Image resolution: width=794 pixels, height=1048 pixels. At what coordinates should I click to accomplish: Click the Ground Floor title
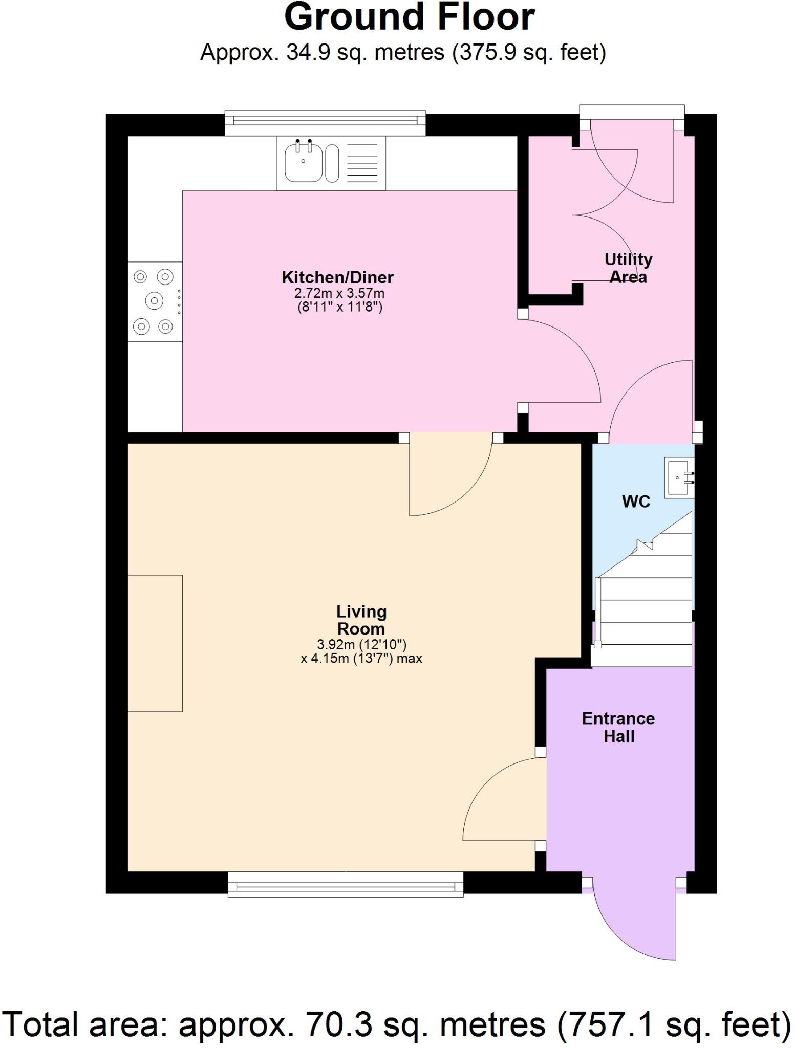pos(410,18)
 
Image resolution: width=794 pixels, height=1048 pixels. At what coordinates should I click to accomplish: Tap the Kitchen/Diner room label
pos(337,278)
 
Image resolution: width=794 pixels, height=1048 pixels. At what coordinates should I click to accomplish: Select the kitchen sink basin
pos(303,163)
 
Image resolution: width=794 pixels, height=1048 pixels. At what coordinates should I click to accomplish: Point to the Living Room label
pos(361,620)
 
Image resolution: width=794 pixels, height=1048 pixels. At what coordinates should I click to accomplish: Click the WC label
pos(636,501)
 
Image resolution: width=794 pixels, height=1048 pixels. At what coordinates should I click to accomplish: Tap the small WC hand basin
pos(679,478)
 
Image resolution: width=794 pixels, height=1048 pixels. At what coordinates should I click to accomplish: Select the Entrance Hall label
pos(618,727)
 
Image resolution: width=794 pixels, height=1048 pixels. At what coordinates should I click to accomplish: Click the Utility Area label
pos(628,268)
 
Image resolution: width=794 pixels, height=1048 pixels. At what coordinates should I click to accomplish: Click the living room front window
pos(346,884)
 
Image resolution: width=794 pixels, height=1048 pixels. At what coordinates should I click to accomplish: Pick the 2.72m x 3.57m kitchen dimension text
pos(339,294)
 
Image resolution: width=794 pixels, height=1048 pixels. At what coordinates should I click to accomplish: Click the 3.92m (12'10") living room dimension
pos(361,645)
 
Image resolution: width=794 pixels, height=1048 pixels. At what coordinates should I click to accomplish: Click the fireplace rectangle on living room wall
pos(155,643)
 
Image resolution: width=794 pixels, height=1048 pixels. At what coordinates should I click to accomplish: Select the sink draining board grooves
pos(362,163)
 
